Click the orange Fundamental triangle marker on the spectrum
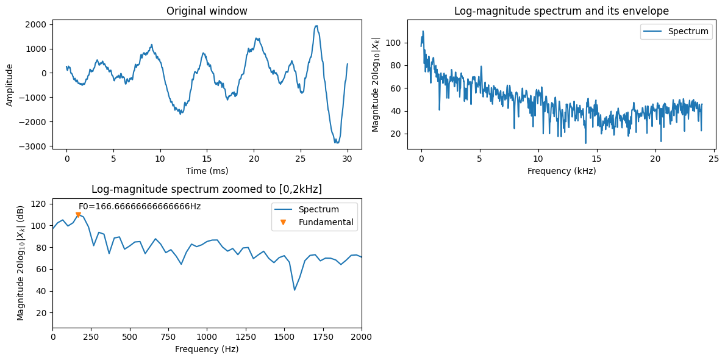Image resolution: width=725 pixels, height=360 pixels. coord(78,214)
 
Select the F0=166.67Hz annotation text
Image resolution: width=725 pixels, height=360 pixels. coord(140,206)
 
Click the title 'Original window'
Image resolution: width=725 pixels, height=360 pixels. coord(207,11)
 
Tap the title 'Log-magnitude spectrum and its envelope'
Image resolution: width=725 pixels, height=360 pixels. coord(562,11)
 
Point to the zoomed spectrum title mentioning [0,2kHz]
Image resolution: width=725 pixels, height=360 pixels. coord(207,189)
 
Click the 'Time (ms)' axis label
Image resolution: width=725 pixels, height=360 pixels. coord(207,171)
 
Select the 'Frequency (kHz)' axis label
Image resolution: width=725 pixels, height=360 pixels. coord(562,171)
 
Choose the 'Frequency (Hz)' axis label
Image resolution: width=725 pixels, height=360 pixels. coord(207,349)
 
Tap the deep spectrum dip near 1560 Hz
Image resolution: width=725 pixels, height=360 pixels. coord(295,290)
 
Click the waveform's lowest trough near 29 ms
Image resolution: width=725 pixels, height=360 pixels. coord(337,143)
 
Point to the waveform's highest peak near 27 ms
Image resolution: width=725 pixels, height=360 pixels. coord(316,26)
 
